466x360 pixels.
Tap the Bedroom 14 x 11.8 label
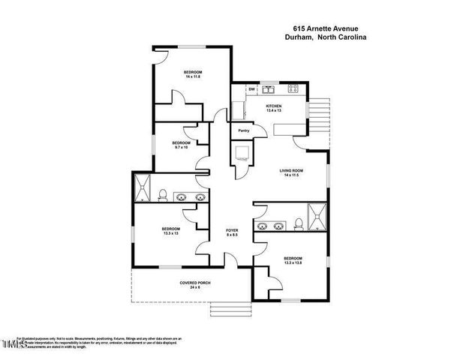[194, 75]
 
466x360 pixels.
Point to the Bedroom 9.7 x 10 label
[181, 145]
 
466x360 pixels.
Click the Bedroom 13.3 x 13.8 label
[293, 260]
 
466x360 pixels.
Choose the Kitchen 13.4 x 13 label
[274, 109]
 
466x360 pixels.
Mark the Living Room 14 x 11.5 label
[292, 172]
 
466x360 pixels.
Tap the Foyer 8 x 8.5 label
[233, 232]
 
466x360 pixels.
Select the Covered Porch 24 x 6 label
[194, 285]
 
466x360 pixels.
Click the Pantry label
[243, 131]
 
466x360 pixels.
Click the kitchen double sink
[269, 89]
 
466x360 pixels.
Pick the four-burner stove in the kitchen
[293, 89]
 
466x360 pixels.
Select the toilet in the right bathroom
[299, 223]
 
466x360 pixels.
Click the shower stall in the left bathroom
[142, 189]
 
